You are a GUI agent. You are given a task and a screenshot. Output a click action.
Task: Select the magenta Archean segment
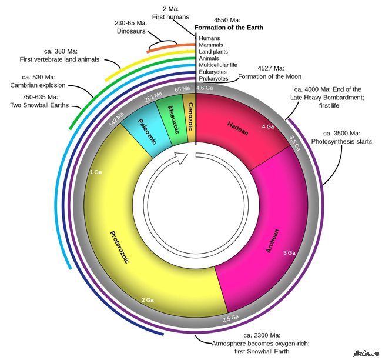[x=264, y=235]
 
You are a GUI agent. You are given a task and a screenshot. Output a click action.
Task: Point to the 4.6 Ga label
[x=204, y=89]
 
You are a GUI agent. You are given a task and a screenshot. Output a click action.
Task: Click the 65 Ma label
[x=182, y=89]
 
